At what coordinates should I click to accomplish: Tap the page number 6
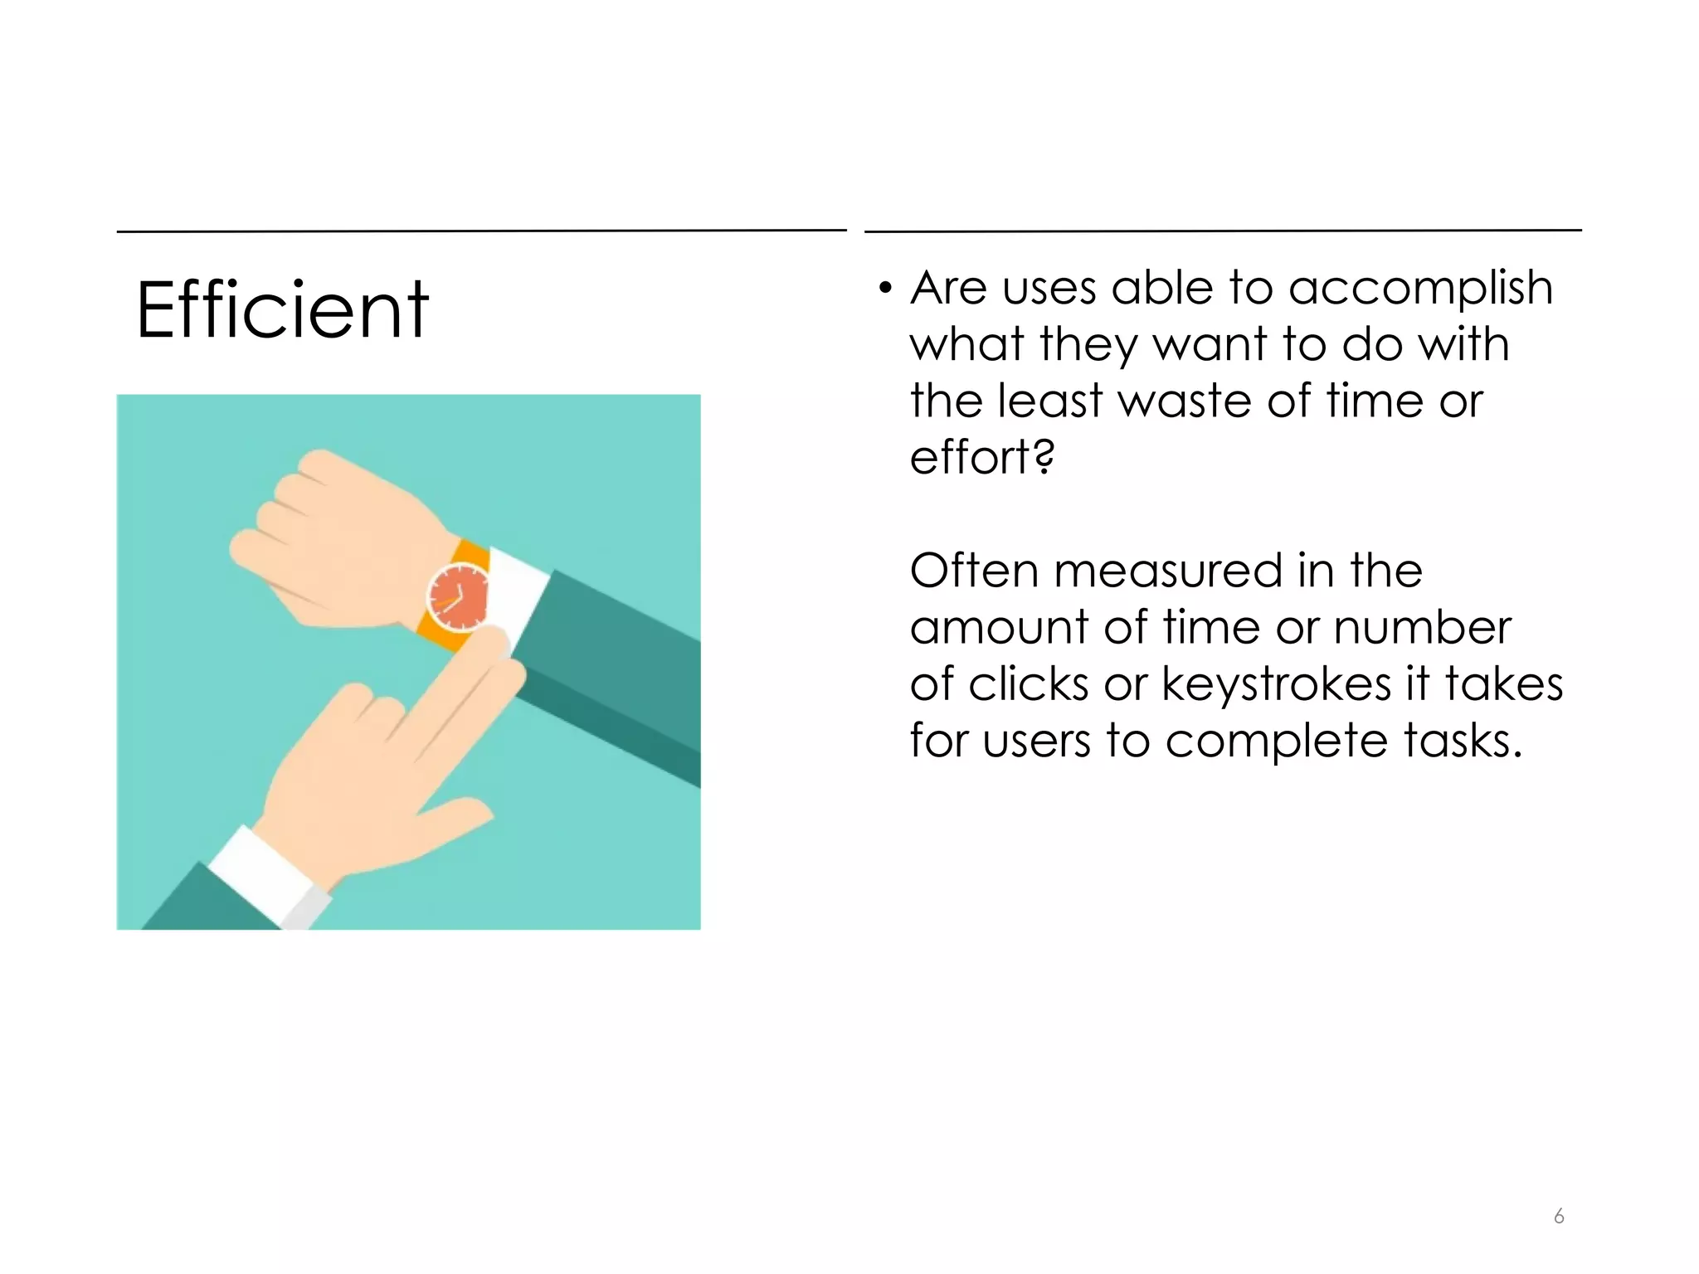(x=1559, y=1216)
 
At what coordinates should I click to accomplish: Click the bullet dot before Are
(x=885, y=289)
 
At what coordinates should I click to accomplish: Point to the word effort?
(x=982, y=458)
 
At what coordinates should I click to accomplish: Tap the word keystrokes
(x=1276, y=685)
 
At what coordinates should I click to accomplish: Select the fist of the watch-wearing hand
(x=324, y=539)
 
